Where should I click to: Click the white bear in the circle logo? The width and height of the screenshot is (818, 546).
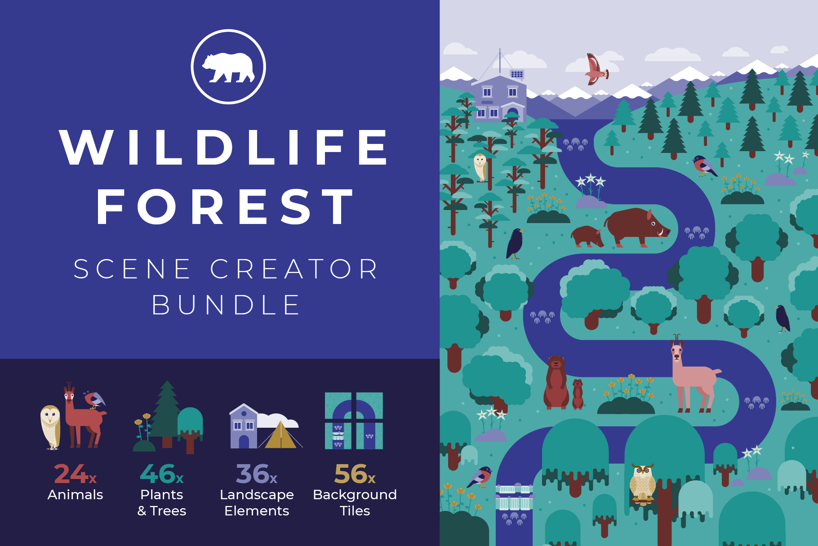(228, 67)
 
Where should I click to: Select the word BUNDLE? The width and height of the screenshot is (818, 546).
(226, 305)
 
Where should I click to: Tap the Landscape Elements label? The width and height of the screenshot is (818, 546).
(257, 502)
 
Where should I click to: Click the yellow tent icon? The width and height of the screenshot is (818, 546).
(281, 435)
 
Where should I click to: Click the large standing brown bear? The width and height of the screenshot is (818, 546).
(556, 382)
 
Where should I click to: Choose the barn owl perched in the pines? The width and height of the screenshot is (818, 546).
(480, 167)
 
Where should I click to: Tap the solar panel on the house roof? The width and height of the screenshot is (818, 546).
(517, 74)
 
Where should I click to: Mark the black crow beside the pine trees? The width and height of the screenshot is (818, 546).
(515, 243)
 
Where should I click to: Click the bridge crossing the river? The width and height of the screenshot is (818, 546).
(515, 497)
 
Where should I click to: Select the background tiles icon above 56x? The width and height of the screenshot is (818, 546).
(354, 421)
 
